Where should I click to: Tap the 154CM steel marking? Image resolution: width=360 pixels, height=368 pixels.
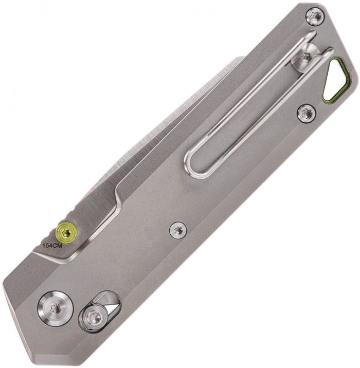(x=52, y=246)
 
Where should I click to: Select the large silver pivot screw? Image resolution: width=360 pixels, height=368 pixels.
(x=56, y=307)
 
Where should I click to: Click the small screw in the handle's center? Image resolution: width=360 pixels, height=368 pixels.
(x=178, y=230)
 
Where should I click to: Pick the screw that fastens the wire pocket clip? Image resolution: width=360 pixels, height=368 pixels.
(x=307, y=57)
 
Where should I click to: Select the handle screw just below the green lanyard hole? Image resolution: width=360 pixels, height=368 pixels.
(x=306, y=113)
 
